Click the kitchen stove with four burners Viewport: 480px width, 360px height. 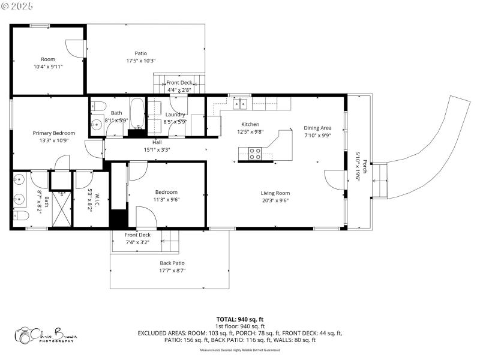click(x=255, y=153)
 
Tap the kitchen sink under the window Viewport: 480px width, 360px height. click(x=241, y=104)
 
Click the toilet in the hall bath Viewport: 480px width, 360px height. click(x=100, y=106)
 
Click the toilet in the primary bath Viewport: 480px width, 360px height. click(x=21, y=215)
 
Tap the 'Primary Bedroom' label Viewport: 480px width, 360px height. click(x=54, y=133)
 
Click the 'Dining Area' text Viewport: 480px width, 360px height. click(x=317, y=127)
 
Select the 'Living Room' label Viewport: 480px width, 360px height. click(x=275, y=193)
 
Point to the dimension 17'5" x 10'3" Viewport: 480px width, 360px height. click(x=141, y=61)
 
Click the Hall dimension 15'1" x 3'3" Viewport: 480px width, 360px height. click(x=157, y=149)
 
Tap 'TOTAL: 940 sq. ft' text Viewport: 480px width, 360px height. click(x=240, y=319)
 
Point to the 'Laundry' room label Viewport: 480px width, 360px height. click(x=175, y=114)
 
